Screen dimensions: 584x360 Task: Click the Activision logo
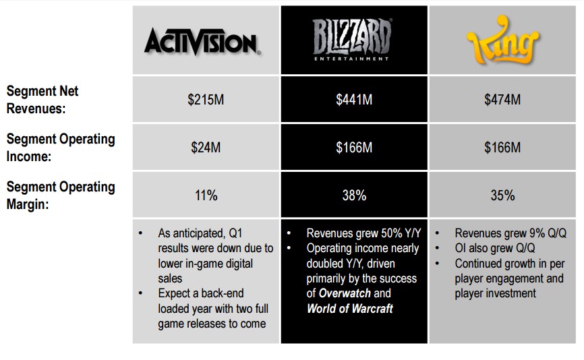(202, 42)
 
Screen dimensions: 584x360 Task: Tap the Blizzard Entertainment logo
(352, 40)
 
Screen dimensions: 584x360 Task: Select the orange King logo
(502, 40)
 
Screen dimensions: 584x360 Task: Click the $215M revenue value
(206, 100)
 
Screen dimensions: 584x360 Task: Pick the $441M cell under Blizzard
(354, 100)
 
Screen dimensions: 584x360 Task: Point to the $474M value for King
(502, 100)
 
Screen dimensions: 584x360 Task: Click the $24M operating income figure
(206, 148)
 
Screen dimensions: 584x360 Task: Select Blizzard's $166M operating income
(354, 148)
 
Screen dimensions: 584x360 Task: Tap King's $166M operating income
(502, 148)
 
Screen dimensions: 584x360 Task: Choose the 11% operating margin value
(206, 195)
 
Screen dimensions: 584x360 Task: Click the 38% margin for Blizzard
(354, 195)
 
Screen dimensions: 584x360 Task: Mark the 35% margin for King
(502, 195)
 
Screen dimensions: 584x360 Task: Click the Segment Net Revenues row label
(42, 100)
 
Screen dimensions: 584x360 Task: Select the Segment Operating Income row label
(61, 148)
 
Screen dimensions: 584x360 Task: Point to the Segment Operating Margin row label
(61, 196)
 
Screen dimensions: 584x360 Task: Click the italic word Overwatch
(345, 293)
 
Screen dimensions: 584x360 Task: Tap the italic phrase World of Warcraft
(350, 309)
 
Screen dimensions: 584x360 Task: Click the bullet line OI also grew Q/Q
(494, 248)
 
